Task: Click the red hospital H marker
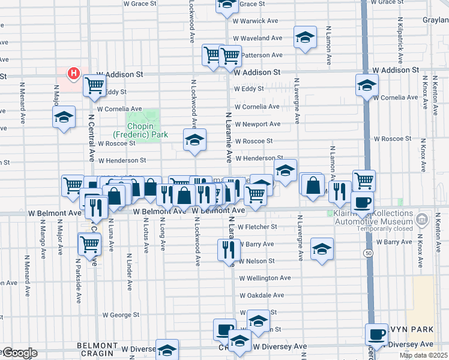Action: tap(73, 74)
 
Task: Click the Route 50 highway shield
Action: tap(366, 254)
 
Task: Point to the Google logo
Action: tap(19, 353)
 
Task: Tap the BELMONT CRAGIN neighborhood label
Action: tap(98, 350)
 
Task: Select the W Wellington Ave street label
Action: tap(265, 278)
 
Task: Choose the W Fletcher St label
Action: tap(257, 227)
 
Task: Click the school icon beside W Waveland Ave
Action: tap(305, 38)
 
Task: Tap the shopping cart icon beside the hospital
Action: tap(94, 86)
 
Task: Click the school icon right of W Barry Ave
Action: tap(322, 249)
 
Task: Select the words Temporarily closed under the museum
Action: tap(385, 229)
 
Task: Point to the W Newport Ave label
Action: tap(258, 124)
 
